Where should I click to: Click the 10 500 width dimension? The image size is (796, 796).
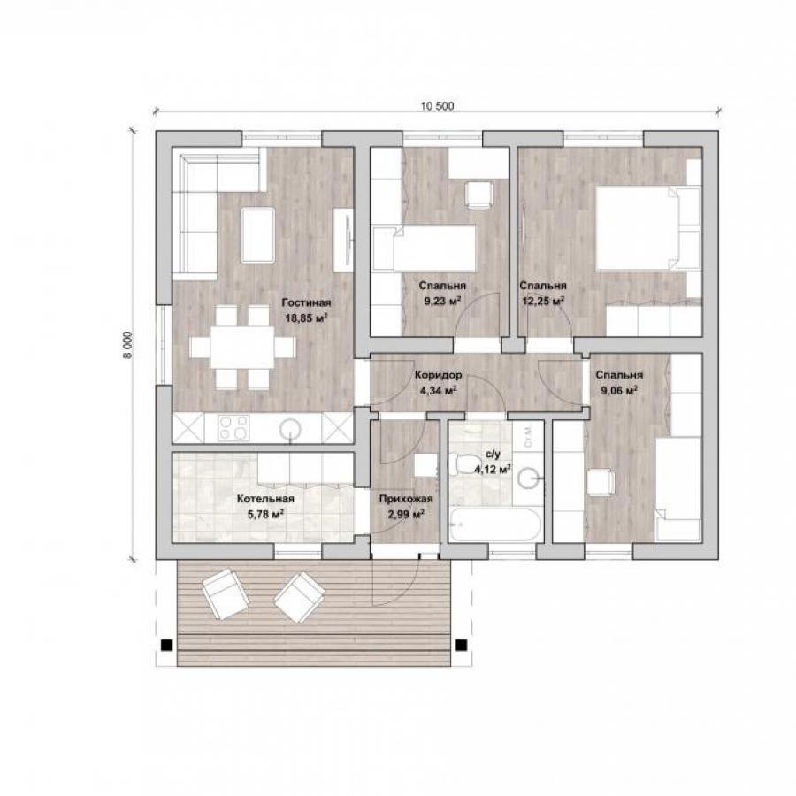[x=437, y=106]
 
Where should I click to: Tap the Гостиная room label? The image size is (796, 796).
[x=306, y=302]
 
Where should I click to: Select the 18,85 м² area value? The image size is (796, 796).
[x=306, y=318]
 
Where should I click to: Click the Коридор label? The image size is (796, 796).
[x=438, y=375]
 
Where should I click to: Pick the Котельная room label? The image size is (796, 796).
[x=265, y=499]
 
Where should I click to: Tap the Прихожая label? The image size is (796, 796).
[x=406, y=499]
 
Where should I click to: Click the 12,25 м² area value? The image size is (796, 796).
[x=543, y=301]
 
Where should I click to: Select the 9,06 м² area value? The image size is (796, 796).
[x=619, y=391]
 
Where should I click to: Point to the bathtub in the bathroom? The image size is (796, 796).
[x=495, y=524]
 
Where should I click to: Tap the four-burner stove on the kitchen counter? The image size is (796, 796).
[x=233, y=428]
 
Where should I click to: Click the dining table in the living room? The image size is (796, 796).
[x=242, y=348]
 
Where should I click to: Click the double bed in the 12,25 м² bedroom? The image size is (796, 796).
[x=647, y=228]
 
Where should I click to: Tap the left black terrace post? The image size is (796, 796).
[x=166, y=646]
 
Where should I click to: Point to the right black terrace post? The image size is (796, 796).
[x=461, y=646]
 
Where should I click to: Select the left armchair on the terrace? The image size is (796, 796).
[x=226, y=593]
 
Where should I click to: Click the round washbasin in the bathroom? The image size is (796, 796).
[x=530, y=478]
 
